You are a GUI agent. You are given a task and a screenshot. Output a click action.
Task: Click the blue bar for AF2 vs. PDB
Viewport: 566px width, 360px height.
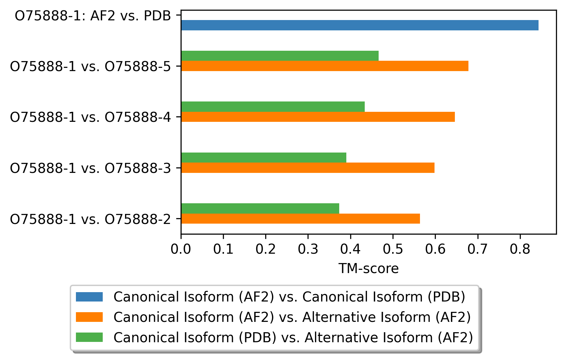click(360, 25)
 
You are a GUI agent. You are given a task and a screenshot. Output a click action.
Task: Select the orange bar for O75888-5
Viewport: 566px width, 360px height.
click(325, 66)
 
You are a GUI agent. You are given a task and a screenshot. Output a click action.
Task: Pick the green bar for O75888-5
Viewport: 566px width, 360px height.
click(280, 56)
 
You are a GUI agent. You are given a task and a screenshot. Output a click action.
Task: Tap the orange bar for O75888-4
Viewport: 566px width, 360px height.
click(318, 117)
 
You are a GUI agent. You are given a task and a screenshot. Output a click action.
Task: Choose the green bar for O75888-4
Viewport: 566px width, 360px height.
click(273, 107)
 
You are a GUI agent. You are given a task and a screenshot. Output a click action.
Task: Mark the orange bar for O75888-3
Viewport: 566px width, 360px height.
click(308, 168)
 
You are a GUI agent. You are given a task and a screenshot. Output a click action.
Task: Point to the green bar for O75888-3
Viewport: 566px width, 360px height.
click(264, 158)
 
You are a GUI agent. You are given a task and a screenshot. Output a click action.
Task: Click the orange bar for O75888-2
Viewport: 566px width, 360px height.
click(300, 218)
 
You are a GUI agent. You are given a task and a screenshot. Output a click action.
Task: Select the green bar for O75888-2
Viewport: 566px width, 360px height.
click(260, 208)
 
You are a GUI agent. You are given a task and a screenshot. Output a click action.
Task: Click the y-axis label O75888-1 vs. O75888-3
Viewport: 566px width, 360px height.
click(90, 168)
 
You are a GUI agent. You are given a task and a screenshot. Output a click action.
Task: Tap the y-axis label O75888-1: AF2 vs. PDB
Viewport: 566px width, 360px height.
click(93, 16)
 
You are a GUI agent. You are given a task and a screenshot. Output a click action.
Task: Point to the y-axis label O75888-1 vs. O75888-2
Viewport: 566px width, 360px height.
click(90, 219)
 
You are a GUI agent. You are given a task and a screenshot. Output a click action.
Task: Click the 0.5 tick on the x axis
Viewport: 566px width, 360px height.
click(393, 236)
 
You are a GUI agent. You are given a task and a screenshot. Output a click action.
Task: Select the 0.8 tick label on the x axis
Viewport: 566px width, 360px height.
click(520, 249)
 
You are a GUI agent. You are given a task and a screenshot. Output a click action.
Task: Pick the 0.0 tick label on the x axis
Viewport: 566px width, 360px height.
click(181, 249)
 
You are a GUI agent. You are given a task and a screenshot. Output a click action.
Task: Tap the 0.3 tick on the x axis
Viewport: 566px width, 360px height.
click(308, 236)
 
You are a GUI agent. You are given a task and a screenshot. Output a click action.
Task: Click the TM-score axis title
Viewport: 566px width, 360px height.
click(369, 269)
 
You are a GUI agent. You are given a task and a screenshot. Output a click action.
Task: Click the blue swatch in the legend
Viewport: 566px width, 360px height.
click(89, 297)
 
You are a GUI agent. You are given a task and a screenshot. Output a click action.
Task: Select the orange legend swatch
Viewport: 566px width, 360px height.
click(89, 317)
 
